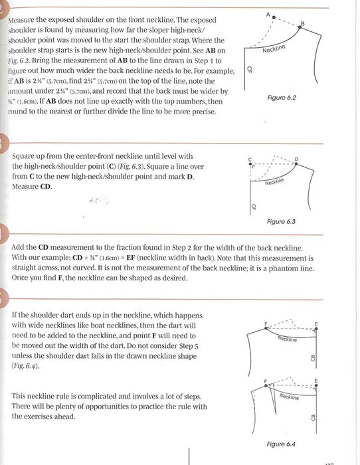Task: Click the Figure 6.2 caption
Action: (282, 98)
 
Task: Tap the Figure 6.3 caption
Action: (281, 221)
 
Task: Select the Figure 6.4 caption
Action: (281, 444)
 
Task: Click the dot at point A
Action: (274, 17)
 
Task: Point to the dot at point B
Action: (300, 27)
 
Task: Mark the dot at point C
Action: (250, 163)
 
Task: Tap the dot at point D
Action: (296, 163)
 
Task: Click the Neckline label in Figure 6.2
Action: (274, 48)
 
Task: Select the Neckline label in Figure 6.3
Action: (274, 181)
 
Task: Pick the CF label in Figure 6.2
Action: (249, 70)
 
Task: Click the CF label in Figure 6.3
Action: (254, 207)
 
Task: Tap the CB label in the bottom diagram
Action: (313, 418)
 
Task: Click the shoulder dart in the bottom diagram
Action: (273, 399)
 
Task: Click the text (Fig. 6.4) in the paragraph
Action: (25, 366)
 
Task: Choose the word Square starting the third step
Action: (23, 157)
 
